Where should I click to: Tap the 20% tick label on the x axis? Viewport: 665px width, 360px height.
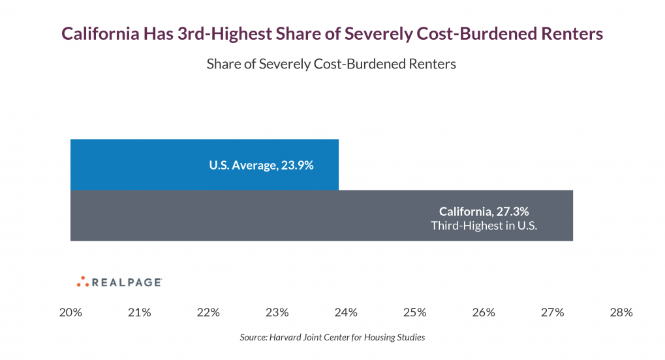(x=70, y=312)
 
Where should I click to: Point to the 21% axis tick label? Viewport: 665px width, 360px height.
(x=139, y=312)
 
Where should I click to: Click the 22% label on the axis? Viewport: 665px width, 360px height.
(x=208, y=312)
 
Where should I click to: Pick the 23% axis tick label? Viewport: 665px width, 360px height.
(x=277, y=312)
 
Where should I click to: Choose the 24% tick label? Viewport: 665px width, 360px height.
(x=346, y=312)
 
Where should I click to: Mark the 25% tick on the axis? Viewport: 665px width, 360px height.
(x=414, y=312)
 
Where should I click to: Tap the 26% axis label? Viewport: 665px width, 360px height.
(x=484, y=312)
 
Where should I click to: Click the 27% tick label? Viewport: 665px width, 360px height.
(x=552, y=312)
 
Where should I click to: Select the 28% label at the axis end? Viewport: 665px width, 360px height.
(x=621, y=312)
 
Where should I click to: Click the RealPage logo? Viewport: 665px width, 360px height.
(x=119, y=282)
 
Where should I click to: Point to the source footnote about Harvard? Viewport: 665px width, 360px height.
(x=332, y=337)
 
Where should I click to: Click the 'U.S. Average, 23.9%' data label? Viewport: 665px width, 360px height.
(x=261, y=165)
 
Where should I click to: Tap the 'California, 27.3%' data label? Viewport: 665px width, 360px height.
(x=484, y=211)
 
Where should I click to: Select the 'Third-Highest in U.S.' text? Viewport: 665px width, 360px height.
(x=484, y=226)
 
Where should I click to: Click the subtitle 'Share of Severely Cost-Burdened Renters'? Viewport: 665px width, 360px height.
(x=332, y=64)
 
